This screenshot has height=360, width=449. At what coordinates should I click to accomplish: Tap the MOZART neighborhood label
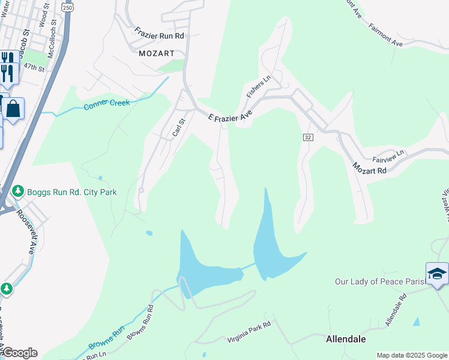(156, 53)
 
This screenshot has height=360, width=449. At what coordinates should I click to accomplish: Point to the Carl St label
(178, 127)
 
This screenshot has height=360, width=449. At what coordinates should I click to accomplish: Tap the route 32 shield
(307, 137)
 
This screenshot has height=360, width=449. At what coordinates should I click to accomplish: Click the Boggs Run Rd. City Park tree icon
(18, 191)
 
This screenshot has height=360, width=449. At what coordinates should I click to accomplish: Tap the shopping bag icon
(13, 109)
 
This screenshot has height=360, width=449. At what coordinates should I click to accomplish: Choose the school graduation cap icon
(436, 273)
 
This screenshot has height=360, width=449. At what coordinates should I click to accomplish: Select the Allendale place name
(346, 339)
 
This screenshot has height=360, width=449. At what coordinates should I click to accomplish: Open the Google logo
(19, 353)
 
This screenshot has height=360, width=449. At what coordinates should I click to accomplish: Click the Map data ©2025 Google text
(412, 355)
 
